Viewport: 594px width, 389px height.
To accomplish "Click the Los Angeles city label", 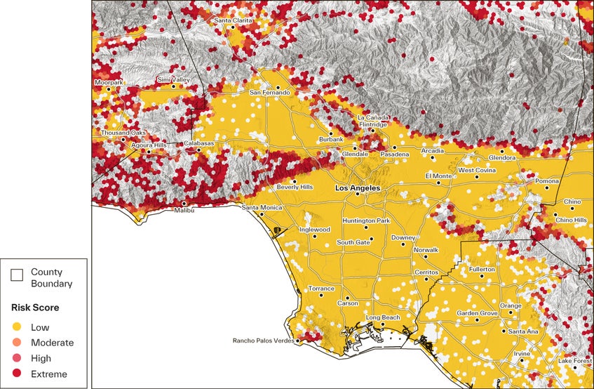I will [x=358, y=188].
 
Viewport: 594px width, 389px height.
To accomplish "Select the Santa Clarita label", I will [x=233, y=20].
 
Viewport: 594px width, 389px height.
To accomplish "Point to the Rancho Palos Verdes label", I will [x=263, y=341].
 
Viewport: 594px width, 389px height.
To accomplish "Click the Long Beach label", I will [x=383, y=317].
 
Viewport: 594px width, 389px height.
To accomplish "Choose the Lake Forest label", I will [x=574, y=361].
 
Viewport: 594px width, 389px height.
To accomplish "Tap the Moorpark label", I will [x=109, y=83].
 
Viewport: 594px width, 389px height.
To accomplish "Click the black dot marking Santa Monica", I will [x=262, y=214].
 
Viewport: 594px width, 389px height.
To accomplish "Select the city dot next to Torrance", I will [x=321, y=295].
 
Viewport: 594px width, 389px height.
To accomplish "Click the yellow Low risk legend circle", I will [x=17, y=327].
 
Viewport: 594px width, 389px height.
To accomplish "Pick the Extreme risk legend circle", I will [x=17, y=374].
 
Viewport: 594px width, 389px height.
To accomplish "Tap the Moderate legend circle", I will [x=17, y=343].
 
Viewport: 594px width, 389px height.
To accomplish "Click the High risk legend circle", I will [x=17, y=358].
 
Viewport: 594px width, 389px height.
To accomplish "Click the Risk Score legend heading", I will [x=34, y=308].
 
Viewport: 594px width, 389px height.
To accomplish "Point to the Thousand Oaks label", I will [x=123, y=133].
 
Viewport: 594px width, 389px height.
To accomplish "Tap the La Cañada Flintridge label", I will [x=372, y=121].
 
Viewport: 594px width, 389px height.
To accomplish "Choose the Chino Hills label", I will [x=570, y=220].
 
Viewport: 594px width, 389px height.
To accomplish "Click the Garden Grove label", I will [x=477, y=313].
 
